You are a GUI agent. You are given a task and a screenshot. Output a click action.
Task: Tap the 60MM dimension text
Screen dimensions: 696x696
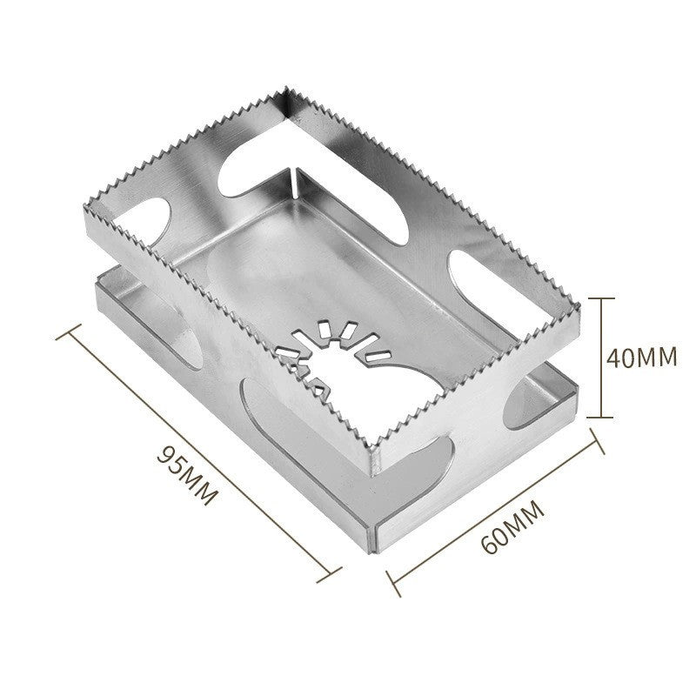(513, 527)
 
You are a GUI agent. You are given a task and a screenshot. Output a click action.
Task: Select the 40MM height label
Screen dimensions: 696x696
(643, 358)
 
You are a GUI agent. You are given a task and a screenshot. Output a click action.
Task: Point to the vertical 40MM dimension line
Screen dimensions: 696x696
(603, 358)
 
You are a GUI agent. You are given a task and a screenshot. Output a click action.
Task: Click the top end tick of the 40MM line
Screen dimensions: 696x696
(603, 298)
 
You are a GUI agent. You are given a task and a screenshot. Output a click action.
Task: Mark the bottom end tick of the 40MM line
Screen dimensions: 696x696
(603, 419)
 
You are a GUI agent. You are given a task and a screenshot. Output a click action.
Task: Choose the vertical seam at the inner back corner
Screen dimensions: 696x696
(293, 181)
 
